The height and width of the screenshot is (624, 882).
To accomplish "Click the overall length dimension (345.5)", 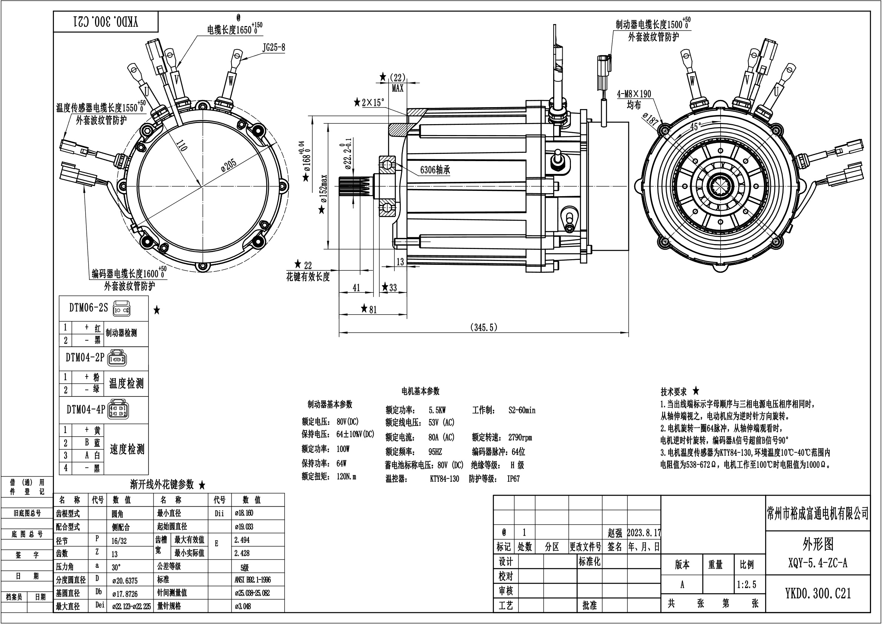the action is (x=484, y=327).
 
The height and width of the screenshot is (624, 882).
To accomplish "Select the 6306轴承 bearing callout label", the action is (x=435, y=169).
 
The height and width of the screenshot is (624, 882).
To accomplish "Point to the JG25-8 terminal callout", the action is (x=273, y=48).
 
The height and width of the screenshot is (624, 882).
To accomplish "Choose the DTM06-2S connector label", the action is (x=88, y=308).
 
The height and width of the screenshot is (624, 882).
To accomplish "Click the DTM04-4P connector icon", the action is (x=119, y=409).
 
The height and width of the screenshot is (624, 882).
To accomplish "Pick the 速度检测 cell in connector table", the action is (x=127, y=449).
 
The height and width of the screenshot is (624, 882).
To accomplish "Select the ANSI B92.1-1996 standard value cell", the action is (x=253, y=579).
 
